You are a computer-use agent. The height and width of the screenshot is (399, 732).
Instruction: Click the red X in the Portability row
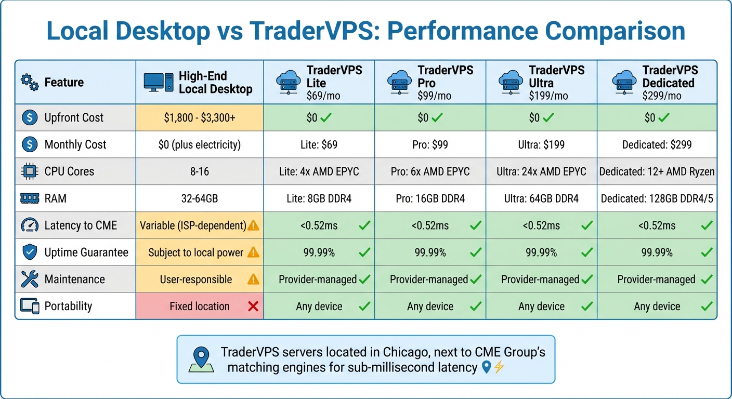253,307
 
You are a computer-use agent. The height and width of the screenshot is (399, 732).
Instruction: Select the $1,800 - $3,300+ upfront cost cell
200,118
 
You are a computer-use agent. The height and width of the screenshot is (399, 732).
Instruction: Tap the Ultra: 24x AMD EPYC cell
541,171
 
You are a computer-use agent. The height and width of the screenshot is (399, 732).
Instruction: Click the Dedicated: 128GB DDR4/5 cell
657,198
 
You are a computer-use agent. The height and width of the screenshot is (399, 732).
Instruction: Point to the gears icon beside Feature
29,82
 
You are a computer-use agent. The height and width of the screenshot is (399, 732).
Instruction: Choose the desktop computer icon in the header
158,82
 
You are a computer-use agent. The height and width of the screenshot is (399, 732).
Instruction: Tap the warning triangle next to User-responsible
253,280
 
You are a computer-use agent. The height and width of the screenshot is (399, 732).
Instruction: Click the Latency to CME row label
81,225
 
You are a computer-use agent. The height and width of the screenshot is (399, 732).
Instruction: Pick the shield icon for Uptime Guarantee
30,252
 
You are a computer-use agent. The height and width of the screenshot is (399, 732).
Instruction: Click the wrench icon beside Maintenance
30,280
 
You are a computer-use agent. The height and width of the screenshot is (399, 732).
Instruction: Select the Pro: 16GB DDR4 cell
430,198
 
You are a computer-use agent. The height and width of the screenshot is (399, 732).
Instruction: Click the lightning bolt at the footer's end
499,368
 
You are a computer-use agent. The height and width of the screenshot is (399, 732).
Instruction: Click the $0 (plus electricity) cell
200,144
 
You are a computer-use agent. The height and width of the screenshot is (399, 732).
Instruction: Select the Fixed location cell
200,307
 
